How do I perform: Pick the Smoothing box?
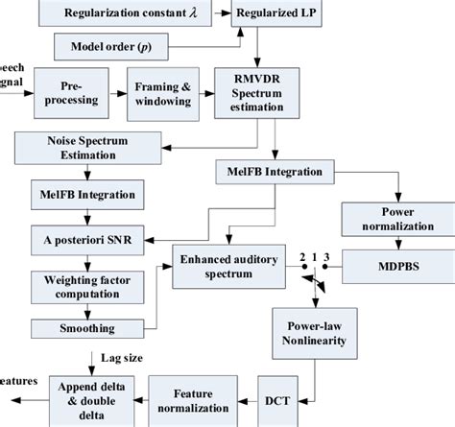(x=85, y=329)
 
